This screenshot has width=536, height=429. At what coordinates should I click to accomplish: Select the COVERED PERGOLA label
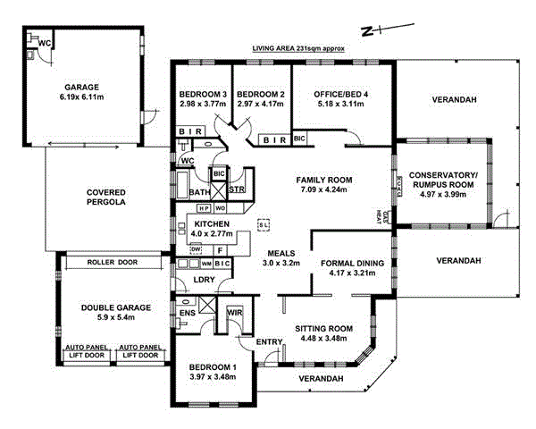pos(105,198)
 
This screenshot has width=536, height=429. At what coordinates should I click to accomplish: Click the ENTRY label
pos(269,342)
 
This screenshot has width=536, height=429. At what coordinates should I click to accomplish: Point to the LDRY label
pos(204,281)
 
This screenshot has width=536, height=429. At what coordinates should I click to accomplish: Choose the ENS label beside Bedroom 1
pos(188,313)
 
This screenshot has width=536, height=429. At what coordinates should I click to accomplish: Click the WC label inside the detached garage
pos(43,42)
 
